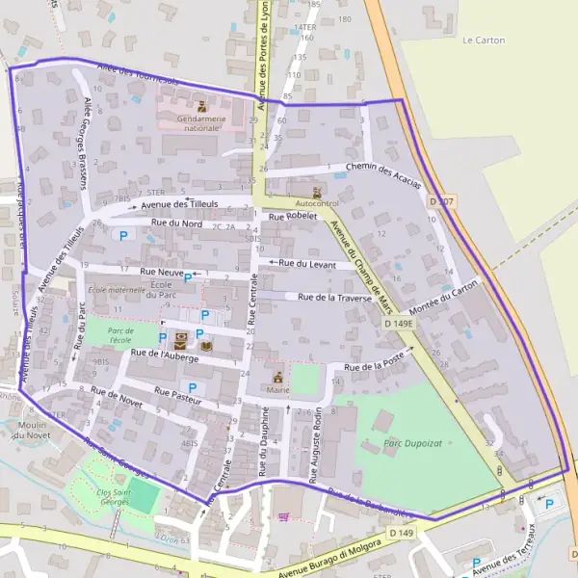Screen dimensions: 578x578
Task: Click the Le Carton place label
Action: [484, 40]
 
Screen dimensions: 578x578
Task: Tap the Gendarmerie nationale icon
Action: [202, 106]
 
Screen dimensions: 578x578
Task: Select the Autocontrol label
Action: [317, 204]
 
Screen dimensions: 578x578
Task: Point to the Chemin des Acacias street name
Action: [382, 175]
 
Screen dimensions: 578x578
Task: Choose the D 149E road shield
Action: [398, 324]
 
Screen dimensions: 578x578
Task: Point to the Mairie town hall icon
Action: [279, 377]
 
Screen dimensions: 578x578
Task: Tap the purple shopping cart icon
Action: [283, 517]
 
